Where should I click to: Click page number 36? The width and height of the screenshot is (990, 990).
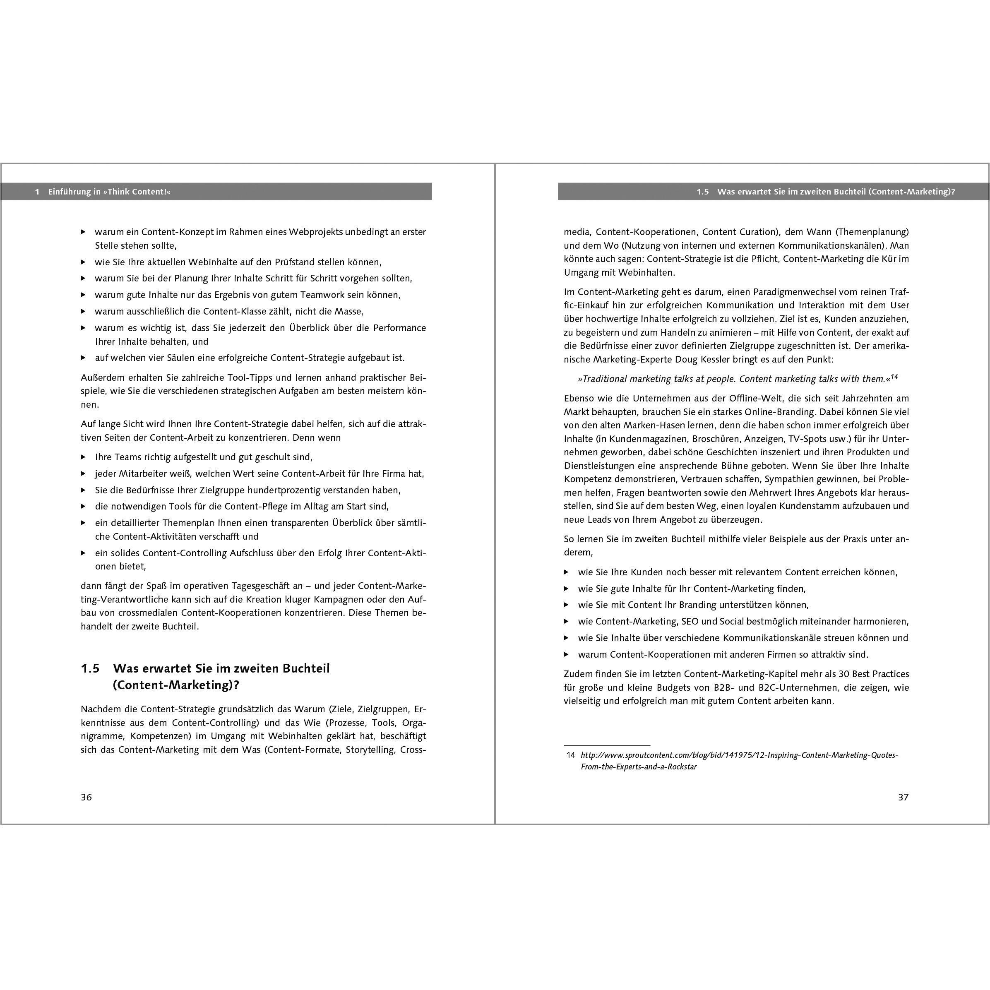tap(86, 797)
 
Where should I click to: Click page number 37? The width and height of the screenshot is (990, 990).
tap(903, 797)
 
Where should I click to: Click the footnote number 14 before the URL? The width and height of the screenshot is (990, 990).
tap(570, 755)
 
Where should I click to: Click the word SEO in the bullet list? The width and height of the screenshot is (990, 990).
tap(690, 622)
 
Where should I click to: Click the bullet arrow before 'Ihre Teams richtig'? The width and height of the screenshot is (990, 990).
tap(84, 457)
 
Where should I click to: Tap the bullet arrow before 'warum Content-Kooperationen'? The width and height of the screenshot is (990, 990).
tap(566, 654)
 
